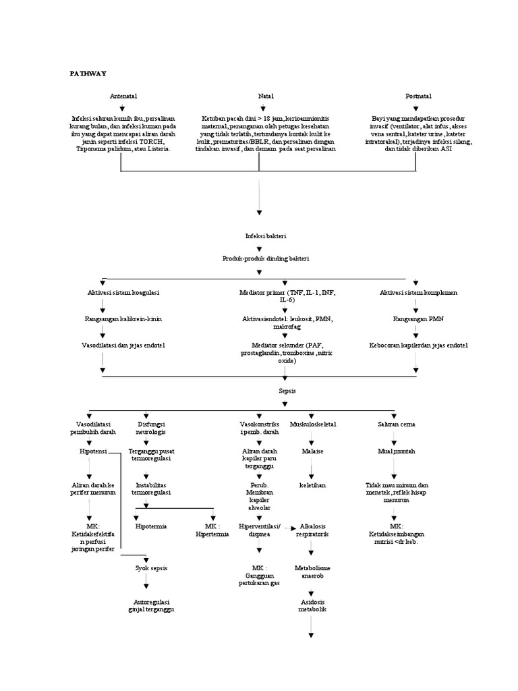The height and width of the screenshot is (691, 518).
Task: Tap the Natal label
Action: click(266, 96)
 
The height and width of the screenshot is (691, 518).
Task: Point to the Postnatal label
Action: click(418, 96)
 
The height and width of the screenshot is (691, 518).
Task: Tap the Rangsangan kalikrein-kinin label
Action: click(123, 318)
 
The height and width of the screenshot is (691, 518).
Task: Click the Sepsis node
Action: click(287, 391)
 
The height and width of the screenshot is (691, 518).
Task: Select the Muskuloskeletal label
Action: click(312, 424)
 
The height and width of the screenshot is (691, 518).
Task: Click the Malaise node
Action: click(312, 450)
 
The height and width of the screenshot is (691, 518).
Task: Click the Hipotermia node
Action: click(151, 526)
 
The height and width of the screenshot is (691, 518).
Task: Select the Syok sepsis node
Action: click(151, 568)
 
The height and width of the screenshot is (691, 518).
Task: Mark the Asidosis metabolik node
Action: click(312, 605)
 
